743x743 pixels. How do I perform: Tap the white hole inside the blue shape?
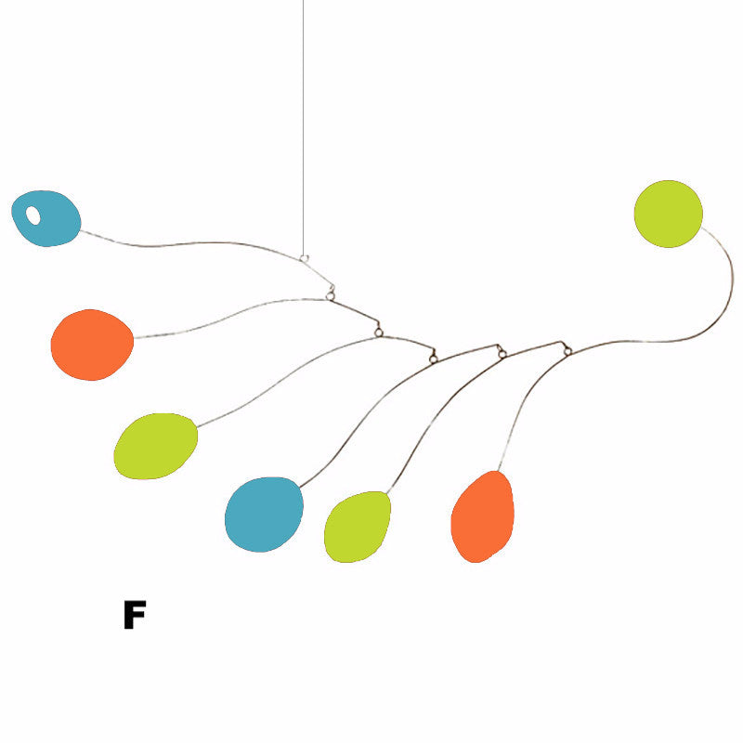[x=33, y=215]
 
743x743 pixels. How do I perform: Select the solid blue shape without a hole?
[x=264, y=515]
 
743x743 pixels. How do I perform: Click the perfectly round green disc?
[x=668, y=214]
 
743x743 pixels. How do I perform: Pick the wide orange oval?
[x=92, y=345]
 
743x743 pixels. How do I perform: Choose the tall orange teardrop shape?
[x=482, y=517]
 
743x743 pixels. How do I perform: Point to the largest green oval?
[x=155, y=446]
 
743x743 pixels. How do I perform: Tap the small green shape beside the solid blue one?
[x=358, y=527]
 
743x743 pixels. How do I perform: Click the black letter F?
[x=135, y=615]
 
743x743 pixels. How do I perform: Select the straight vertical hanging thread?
[x=304, y=128]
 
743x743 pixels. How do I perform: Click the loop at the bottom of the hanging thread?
[x=305, y=259]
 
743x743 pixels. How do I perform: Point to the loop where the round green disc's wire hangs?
[x=567, y=351]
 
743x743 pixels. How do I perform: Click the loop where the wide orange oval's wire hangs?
[x=331, y=296]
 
